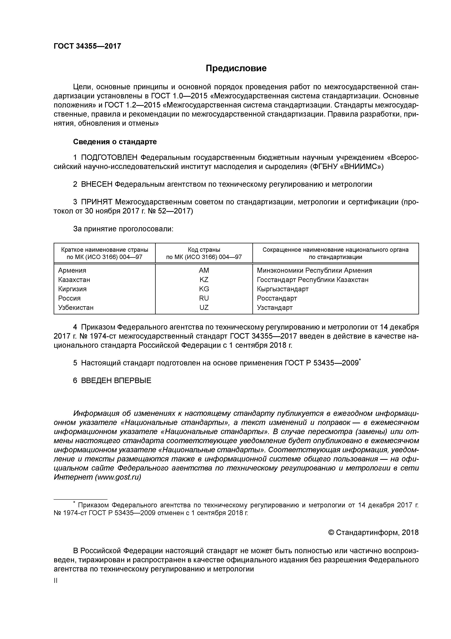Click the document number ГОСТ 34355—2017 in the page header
tap(87, 46)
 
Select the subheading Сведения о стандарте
tap(115, 142)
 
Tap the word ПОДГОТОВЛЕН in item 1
tap(109, 158)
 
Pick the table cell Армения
tap(72, 270)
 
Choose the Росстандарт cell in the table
tap(276, 298)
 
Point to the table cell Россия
tap(69, 298)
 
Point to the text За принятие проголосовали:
tap(123, 229)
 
